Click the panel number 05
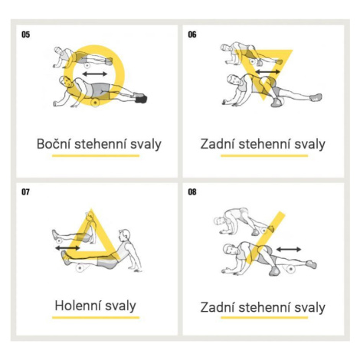click(x=25, y=34)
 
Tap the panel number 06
click(x=192, y=34)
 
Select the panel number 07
click(x=25, y=191)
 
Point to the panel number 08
click(x=192, y=191)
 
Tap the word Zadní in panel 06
click(x=218, y=144)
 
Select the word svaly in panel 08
click(x=310, y=307)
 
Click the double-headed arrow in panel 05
click(x=95, y=74)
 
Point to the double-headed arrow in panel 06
click(x=268, y=72)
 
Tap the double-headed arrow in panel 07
click(x=67, y=247)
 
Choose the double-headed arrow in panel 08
click(x=289, y=249)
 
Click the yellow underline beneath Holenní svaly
click(x=96, y=318)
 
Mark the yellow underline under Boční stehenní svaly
click(x=96, y=155)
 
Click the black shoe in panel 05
click(x=141, y=99)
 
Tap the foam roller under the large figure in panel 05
click(x=95, y=103)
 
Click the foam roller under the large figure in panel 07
click(x=80, y=268)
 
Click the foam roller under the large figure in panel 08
click(x=290, y=269)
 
